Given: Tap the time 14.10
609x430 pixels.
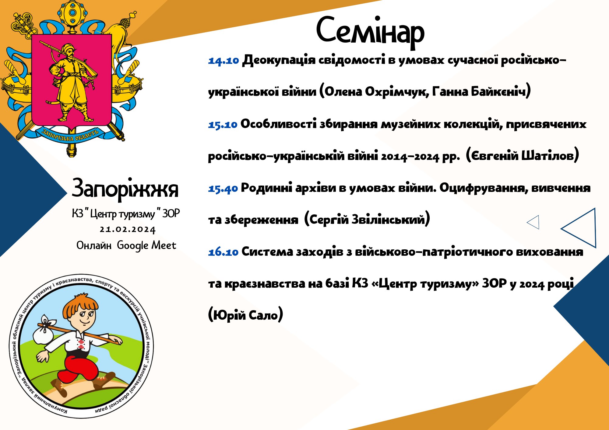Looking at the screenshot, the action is tap(224, 61).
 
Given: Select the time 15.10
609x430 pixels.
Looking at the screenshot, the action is tap(223, 124).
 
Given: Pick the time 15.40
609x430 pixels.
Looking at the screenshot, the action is tap(223, 189).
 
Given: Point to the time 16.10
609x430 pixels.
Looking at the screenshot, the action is tap(223, 252).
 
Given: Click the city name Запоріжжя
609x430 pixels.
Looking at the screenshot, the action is tap(125, 189).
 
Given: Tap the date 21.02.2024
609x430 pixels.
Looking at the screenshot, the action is tap(128, 230).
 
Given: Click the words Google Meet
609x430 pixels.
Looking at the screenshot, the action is tap(146, 245).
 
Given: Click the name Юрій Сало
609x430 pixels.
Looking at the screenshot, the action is tap(245, 315).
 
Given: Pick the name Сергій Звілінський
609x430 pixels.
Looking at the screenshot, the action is tap(367, 219).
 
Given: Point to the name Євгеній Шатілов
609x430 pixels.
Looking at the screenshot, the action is tap(522, 155).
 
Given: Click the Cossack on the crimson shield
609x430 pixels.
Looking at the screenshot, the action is tap(72, 82).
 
